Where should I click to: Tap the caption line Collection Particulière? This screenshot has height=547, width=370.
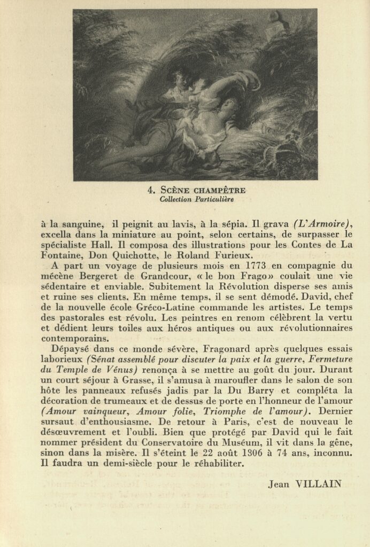196,199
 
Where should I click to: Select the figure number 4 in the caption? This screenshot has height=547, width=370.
150,190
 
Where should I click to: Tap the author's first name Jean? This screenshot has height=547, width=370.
279,484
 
